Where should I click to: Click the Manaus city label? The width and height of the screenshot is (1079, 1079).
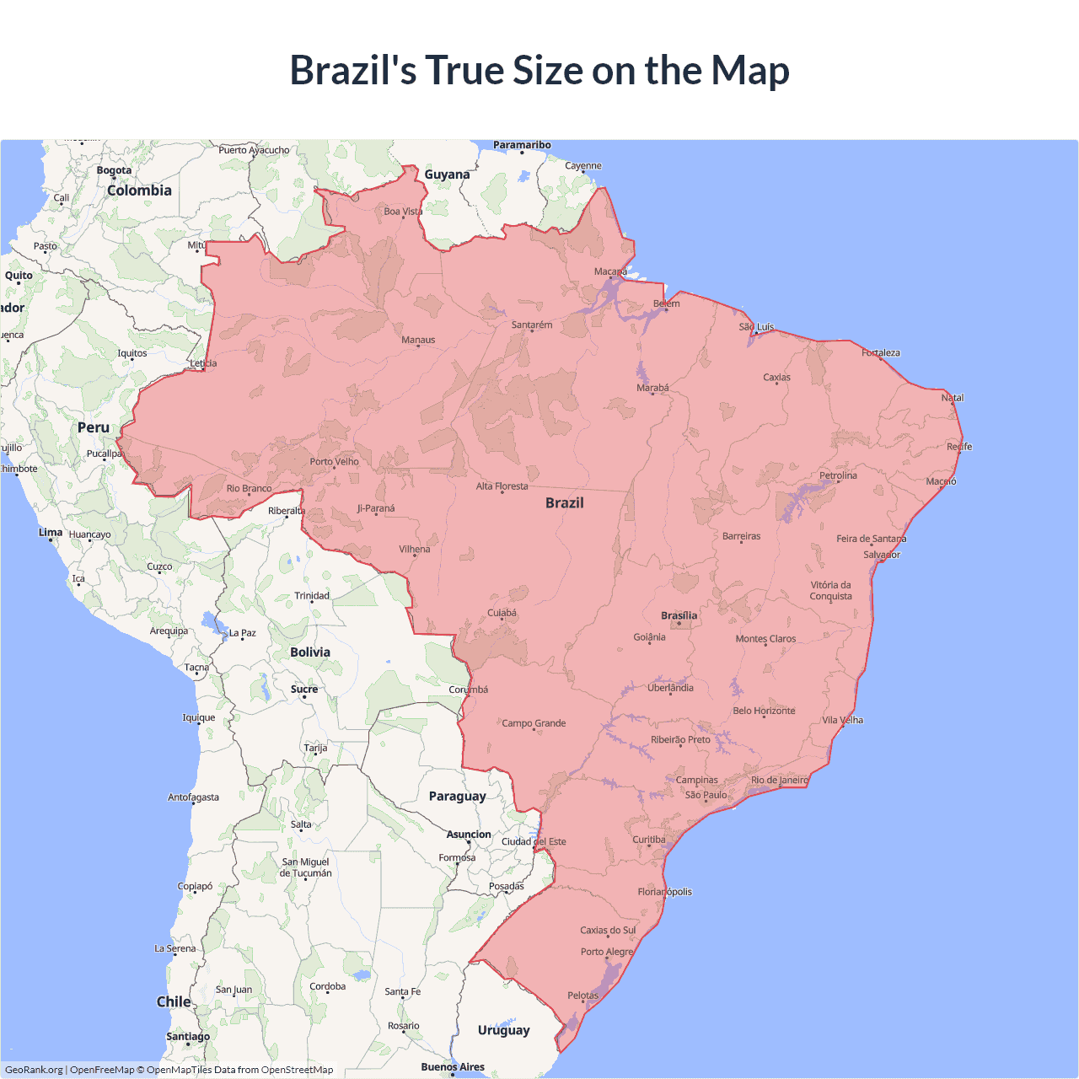click(x=418, y=340)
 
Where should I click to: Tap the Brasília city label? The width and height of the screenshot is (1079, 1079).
click(x=679, y=615)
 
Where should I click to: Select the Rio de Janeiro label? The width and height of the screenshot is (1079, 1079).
click(x=779, y=780)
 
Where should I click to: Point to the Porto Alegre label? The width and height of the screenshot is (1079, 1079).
click(x=606, y=952)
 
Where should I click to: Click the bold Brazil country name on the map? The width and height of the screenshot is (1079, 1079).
click(x=564, y=502)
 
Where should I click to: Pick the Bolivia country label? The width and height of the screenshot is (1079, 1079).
click(x=310, y=652)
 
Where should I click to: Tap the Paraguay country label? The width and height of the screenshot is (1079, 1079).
click(x=457, y=796)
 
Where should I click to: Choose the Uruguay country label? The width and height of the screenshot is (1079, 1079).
click(x=503, y=1029)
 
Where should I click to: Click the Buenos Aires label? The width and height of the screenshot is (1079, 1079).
click(x=453, y=1066)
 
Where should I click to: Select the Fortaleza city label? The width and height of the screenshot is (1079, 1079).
click(x=880, y=352)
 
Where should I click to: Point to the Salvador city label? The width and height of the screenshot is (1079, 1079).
click(x=882, y=555)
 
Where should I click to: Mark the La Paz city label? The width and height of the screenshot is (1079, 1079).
click(x=242, y=632)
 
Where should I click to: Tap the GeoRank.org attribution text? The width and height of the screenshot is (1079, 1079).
click(x=34, y=1070)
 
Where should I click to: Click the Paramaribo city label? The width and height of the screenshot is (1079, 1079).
click(x=522, y=145)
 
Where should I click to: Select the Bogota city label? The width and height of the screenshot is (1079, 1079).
click(x=114, y=170)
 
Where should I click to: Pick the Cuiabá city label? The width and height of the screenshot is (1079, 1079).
click(x=502, y=613)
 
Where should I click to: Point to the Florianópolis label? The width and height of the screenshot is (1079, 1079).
click(x=664, y=891)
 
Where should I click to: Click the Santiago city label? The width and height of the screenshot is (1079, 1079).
click(x=188, y=1036)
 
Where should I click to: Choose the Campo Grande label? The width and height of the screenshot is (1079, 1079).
click(x=534, y=723)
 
